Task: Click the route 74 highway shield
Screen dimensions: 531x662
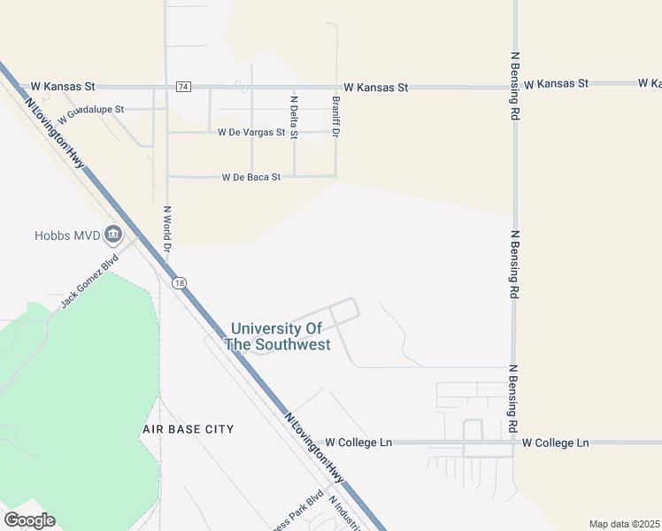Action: pos(183,87)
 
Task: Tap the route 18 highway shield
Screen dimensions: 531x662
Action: pos(180,282)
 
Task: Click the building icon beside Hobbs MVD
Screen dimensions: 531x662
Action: pos(113,235)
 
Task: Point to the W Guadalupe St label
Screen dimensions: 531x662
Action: pos(92,112)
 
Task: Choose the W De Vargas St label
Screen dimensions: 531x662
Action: pos(251,133)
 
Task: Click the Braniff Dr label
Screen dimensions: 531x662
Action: pos(336,116)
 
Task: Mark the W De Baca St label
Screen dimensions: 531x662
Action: pos(250,177)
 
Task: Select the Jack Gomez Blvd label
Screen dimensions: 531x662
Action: pos(89,283)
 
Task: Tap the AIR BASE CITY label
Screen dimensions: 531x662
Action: pos(189,429)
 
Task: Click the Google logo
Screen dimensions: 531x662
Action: pos(29,519)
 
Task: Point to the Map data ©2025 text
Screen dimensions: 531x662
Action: pos(624,524)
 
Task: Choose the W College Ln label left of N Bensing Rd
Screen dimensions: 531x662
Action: pos(358,442)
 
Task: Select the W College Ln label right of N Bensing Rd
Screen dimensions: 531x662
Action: pos(555,442)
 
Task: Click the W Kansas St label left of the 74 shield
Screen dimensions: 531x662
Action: pos(63,87)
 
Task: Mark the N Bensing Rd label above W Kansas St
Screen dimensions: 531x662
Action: pos(514,86)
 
